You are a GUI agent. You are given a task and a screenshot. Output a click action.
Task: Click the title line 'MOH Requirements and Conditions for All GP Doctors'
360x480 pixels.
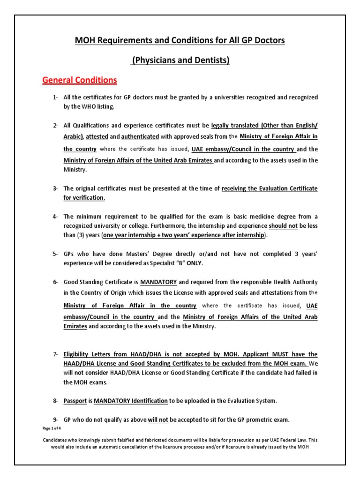[180, 41]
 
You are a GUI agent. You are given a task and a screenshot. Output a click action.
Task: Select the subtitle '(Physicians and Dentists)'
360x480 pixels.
[180, 60]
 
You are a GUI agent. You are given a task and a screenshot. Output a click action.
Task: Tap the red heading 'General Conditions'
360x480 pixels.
[79, 80]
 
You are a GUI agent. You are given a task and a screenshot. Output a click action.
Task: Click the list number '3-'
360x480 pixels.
[55, 188]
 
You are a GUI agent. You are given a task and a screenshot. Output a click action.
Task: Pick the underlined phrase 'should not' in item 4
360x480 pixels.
[284, 225]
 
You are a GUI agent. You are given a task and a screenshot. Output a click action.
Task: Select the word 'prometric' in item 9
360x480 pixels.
[251, 420]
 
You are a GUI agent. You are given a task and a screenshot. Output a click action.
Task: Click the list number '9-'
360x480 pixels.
[55, 420]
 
